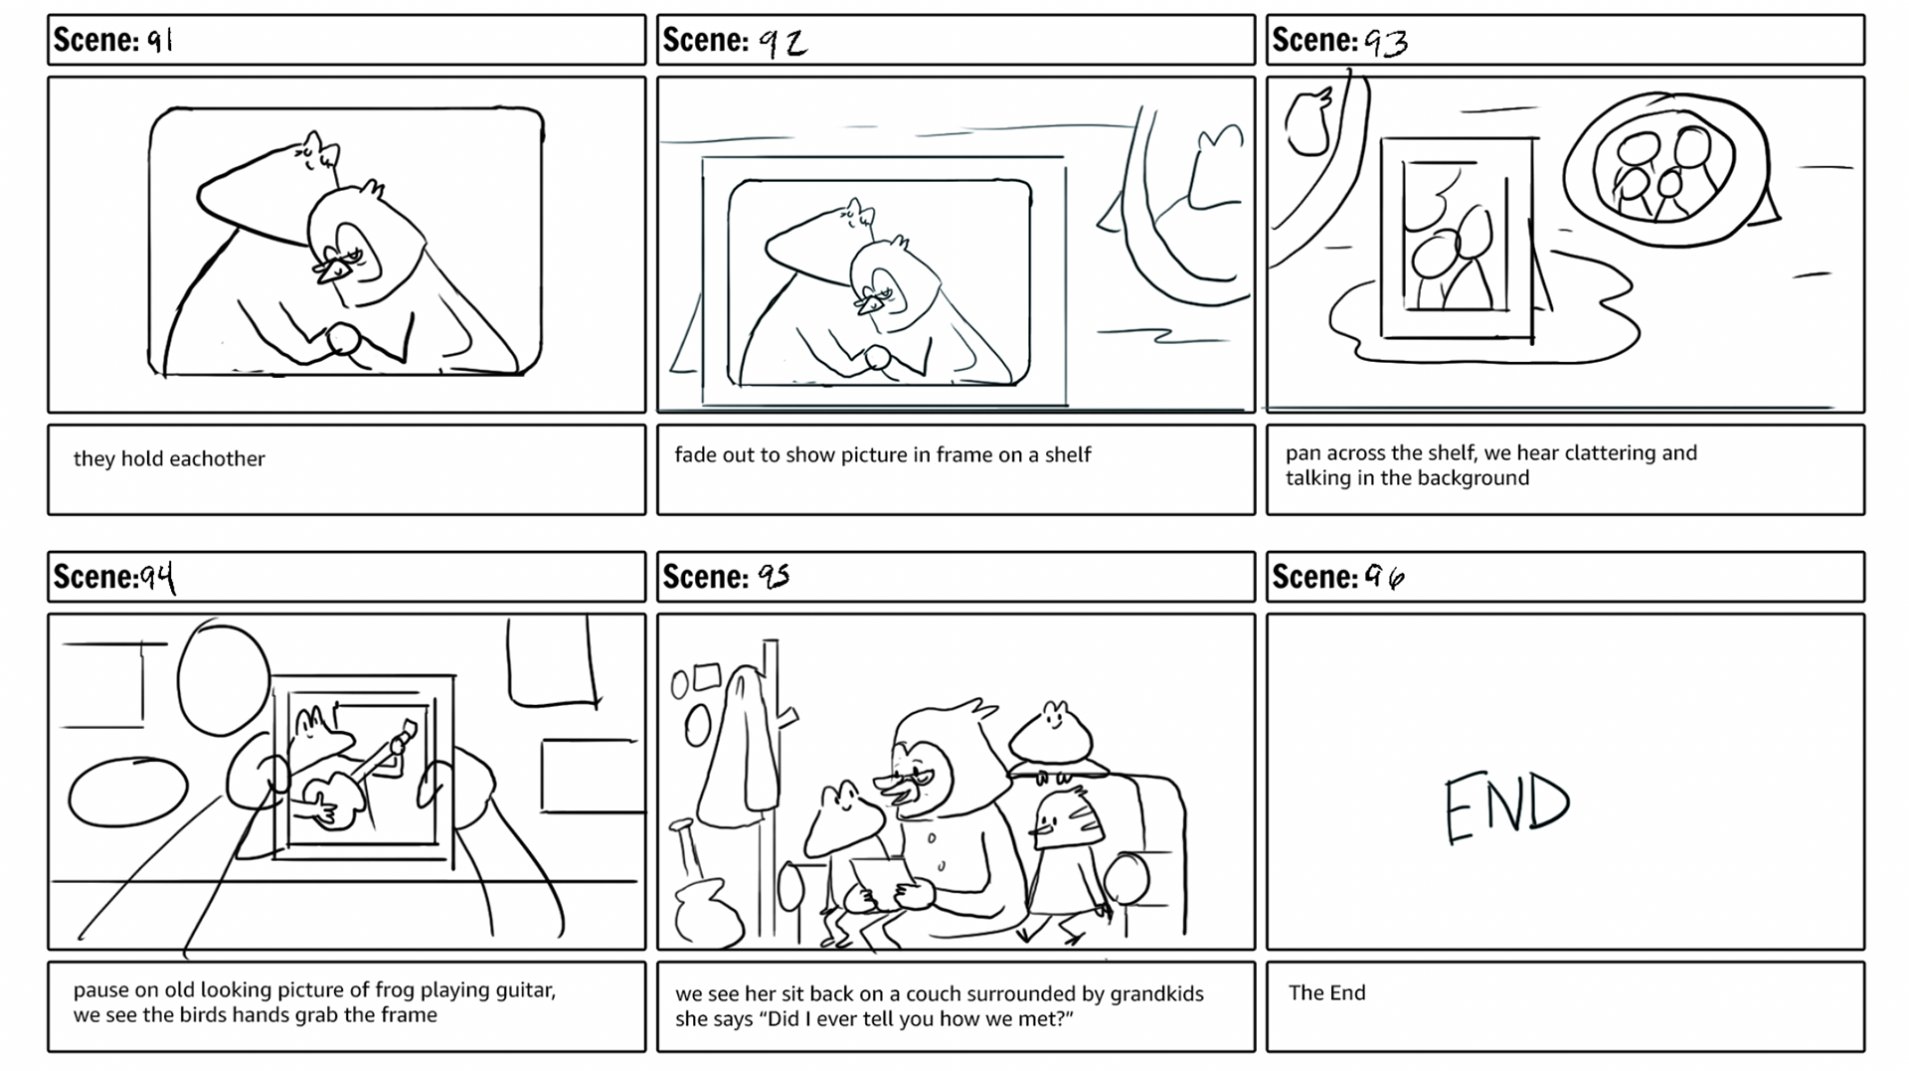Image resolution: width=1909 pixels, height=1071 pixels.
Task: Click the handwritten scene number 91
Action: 160,40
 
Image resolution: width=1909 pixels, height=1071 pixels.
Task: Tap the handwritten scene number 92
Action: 781,42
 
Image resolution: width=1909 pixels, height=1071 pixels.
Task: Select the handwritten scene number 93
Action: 1385,42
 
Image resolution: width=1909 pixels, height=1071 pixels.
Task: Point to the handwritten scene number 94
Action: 157,577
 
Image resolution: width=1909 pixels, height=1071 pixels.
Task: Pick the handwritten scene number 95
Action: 773,577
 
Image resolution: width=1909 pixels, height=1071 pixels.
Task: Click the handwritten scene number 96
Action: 1384,577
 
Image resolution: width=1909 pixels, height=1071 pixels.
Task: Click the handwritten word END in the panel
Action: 1506,807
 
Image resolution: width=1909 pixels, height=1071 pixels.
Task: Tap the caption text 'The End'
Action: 1326,992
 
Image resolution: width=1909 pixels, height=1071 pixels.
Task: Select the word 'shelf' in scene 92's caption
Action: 1068,454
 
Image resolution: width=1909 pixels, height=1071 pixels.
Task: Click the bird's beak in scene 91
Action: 328,268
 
